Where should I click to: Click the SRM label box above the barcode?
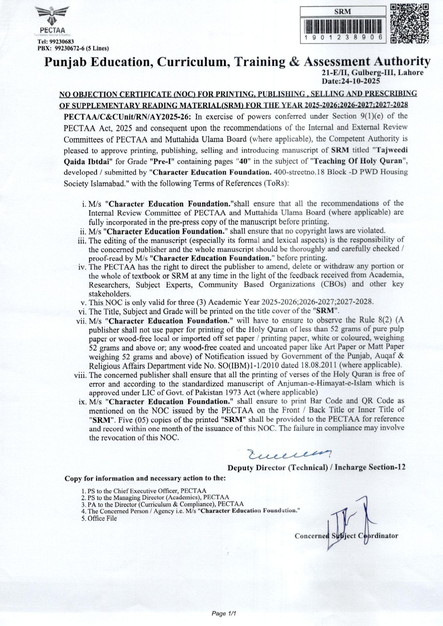pyautogui.click(x=343, y=12)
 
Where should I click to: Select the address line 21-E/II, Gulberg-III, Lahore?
pyautogui.click(x=373, y=73)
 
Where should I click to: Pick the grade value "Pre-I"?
pyautogui.click(x=162, y=161)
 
